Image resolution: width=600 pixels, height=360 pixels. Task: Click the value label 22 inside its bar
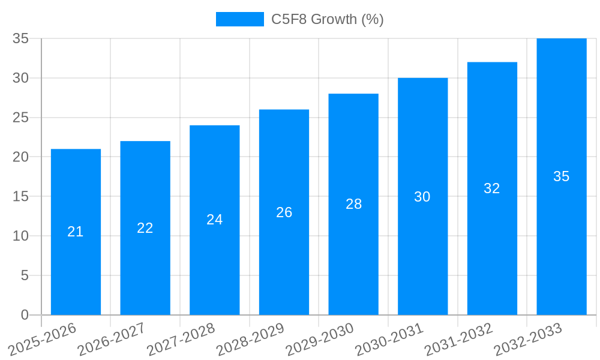pos(145,228)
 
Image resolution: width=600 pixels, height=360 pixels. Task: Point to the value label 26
pos(284,212)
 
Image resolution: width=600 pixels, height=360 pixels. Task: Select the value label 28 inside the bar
pos(354,204)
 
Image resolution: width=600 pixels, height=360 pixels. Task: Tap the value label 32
pos(492,188)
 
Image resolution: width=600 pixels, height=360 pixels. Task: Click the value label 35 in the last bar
pos(562,176)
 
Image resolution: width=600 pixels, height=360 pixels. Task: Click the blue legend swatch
pos(239,19)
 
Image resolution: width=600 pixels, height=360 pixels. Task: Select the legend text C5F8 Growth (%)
pos(327,19)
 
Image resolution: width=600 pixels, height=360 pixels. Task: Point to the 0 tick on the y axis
pos(25,314)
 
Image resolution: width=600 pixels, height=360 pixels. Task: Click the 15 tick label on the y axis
pos(21,196)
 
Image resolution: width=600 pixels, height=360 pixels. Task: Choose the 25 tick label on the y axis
pos(21,118)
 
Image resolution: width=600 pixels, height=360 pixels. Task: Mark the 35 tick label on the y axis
pos(21,38)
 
